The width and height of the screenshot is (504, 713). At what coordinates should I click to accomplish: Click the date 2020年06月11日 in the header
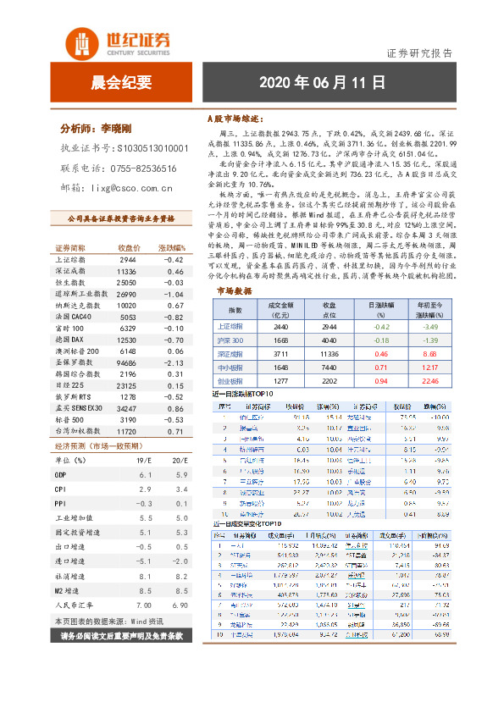(x=322, y=82)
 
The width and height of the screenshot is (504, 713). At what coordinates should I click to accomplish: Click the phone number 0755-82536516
(x=139, y=169)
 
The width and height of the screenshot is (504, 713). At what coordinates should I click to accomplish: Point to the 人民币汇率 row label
(x=75, y=605)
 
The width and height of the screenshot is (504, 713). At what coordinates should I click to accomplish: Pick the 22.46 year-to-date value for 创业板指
(x=429, y=381)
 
